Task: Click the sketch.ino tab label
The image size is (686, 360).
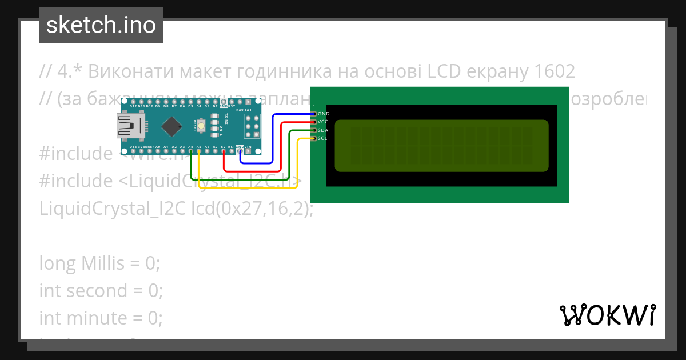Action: [x=101, y=25]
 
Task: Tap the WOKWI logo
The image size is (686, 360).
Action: [x=607, y=315]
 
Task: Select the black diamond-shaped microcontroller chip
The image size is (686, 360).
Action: [x=171, y=126]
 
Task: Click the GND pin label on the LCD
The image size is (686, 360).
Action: [x=323, y=114]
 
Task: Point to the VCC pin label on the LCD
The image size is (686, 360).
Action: [x=322, y=122]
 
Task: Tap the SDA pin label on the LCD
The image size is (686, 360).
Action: [x=322, y=130]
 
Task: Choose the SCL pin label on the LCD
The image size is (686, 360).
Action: [x=322, y=138]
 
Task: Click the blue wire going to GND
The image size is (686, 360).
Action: [x=273, y=137]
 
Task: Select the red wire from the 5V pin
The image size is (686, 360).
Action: [x=281, y=146]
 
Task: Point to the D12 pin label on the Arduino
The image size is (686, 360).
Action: [x=133, y=106]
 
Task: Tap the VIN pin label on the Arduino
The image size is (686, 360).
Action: [x=248, y=147]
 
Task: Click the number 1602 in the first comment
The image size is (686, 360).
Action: [x=553, y=72]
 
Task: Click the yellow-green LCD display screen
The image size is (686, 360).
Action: [x=441, y=146]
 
